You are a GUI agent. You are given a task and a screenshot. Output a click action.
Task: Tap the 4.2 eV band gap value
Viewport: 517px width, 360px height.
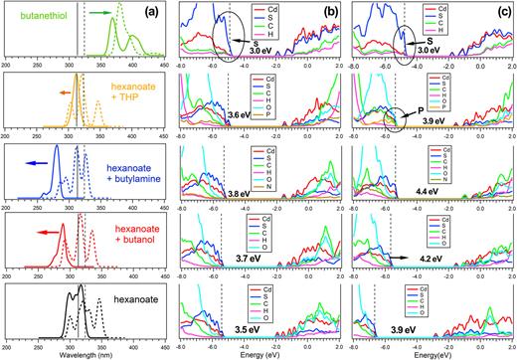coord(431,257)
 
